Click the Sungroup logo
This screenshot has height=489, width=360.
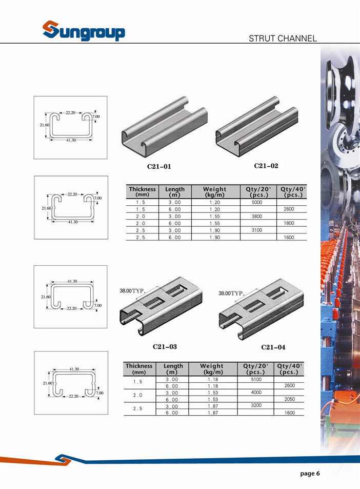(x=84, y=31)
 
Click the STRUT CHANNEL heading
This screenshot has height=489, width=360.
(x=283, y=38)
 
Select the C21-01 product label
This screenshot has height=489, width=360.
(x=159, y=167)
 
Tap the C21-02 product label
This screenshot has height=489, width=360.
(x=266, y=166)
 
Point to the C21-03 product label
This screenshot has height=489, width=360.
(x=165, y=346)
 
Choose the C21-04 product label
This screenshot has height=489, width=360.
(x=273, y=347)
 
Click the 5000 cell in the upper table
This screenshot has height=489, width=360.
(x=257, y=202)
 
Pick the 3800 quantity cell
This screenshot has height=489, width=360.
(x=257, y=216)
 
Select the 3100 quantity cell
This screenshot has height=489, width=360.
(x=257, y=230)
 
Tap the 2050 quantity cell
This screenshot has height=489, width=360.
(x=289, y=399)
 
